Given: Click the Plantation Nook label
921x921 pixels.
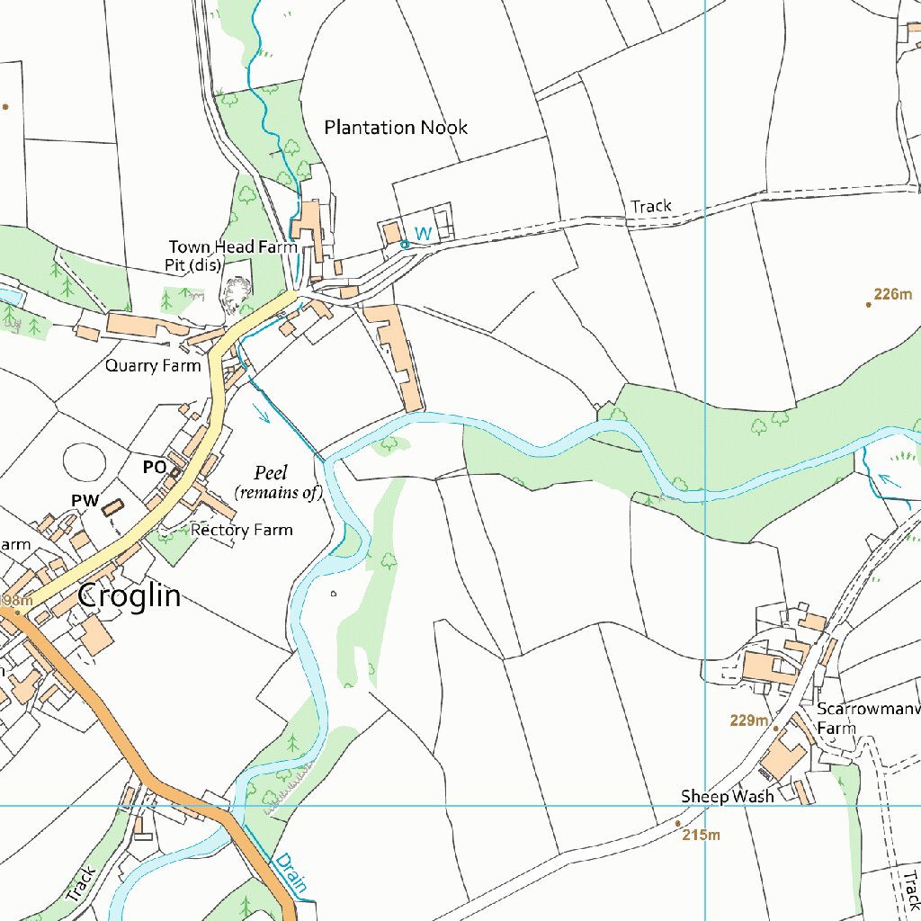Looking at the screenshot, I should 396,128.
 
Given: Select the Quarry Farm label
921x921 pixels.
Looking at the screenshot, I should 153,365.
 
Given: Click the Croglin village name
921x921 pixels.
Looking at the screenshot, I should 129,595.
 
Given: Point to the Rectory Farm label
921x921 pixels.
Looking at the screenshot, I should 241,530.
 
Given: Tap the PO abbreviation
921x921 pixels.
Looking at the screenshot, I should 154,468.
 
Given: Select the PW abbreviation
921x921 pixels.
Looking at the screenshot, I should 85,500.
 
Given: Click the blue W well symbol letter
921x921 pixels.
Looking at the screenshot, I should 423,234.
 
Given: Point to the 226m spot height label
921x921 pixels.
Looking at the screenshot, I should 893,293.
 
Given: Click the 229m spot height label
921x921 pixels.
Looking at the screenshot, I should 749,721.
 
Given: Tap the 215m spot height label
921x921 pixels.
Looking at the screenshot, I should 702,836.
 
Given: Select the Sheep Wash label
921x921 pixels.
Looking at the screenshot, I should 727,797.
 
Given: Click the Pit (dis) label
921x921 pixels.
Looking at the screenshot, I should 193,265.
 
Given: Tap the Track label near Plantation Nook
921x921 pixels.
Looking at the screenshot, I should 651,206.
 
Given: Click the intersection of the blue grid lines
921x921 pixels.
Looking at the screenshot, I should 705,805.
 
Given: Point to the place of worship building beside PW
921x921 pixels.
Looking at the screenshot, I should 112,507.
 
